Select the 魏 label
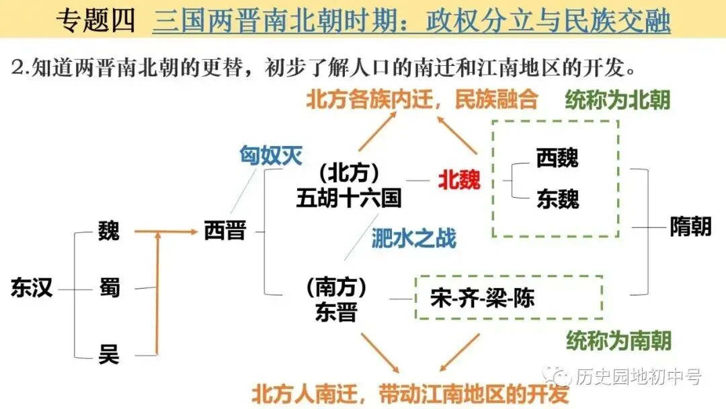coord(108,231)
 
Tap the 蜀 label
coord(108,288)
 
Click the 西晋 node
coord(225,231)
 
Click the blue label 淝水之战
coord(413,237)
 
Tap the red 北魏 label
coord(460,179)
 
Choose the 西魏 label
coord(557,158)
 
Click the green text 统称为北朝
coord(617,100)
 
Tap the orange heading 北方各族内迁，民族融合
coord(422,100)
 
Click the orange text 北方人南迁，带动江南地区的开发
coord(410,394)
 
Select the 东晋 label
coord(336,312)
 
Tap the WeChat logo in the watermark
coord(559,376)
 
